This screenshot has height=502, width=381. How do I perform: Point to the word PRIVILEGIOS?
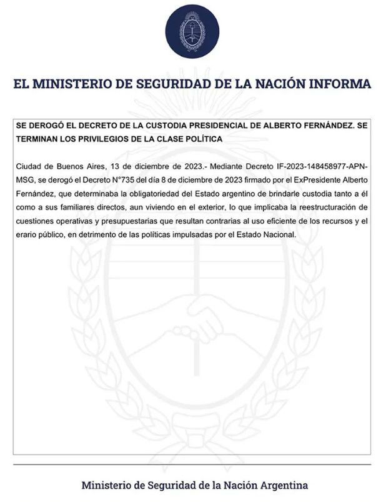coord(107,138)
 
